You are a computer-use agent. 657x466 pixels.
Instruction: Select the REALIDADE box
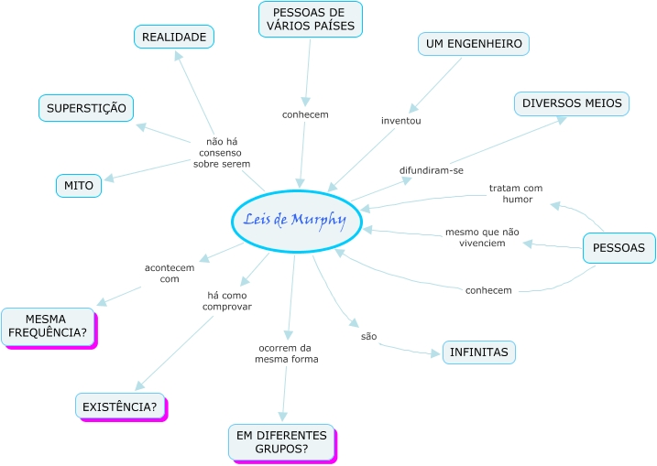coord(174,37)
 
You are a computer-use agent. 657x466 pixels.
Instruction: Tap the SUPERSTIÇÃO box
coord(86,108)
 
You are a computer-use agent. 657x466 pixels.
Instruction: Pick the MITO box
coord(79,186)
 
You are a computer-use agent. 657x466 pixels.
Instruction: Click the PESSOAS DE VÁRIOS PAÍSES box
coord(310,18)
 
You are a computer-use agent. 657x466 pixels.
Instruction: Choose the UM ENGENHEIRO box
coord(474,43)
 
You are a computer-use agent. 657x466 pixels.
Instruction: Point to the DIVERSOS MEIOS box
coord(572,103)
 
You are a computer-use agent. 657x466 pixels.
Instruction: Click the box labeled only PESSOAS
coord(619,247)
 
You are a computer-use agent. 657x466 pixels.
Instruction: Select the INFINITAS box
coord(479,352)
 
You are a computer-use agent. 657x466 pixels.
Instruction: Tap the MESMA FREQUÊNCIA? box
coord(48,326)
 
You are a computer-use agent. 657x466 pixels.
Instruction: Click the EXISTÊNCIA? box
coord(120,406)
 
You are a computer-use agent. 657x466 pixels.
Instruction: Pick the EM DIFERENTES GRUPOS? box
coord(281,442)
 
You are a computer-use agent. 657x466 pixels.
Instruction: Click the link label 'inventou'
coord(400,120)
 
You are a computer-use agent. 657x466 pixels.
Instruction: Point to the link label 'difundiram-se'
coord(432,170)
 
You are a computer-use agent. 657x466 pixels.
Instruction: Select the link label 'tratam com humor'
coord(516,193)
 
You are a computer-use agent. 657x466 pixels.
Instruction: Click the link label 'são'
coord(368,336)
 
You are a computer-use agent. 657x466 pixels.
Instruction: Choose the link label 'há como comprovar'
coord(227,300)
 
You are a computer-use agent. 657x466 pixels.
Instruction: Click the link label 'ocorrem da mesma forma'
coord(287,353)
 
